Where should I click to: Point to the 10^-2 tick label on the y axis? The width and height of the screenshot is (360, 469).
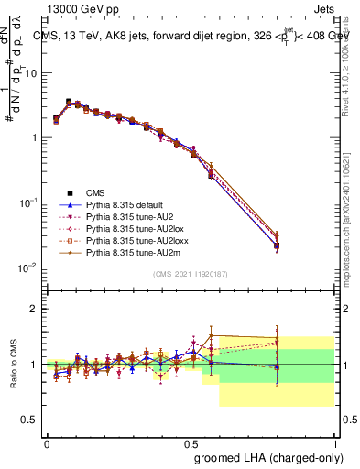coord(31,267)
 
